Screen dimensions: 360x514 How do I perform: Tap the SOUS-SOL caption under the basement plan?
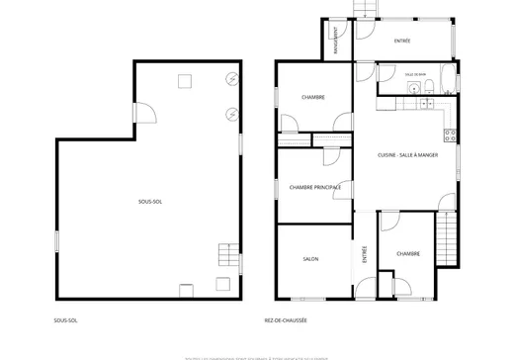67,320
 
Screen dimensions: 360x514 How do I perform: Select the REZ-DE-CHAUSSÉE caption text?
286,320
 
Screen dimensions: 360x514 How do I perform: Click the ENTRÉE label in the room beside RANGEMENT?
402,41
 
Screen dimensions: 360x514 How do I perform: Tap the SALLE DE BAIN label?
415,74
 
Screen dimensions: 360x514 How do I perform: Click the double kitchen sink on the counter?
427,102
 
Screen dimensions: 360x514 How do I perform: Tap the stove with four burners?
449,134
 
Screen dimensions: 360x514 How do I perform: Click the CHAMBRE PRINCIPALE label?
315,187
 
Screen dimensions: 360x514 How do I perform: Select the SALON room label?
309,259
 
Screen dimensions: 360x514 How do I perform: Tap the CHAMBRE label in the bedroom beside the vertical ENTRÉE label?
408,253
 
